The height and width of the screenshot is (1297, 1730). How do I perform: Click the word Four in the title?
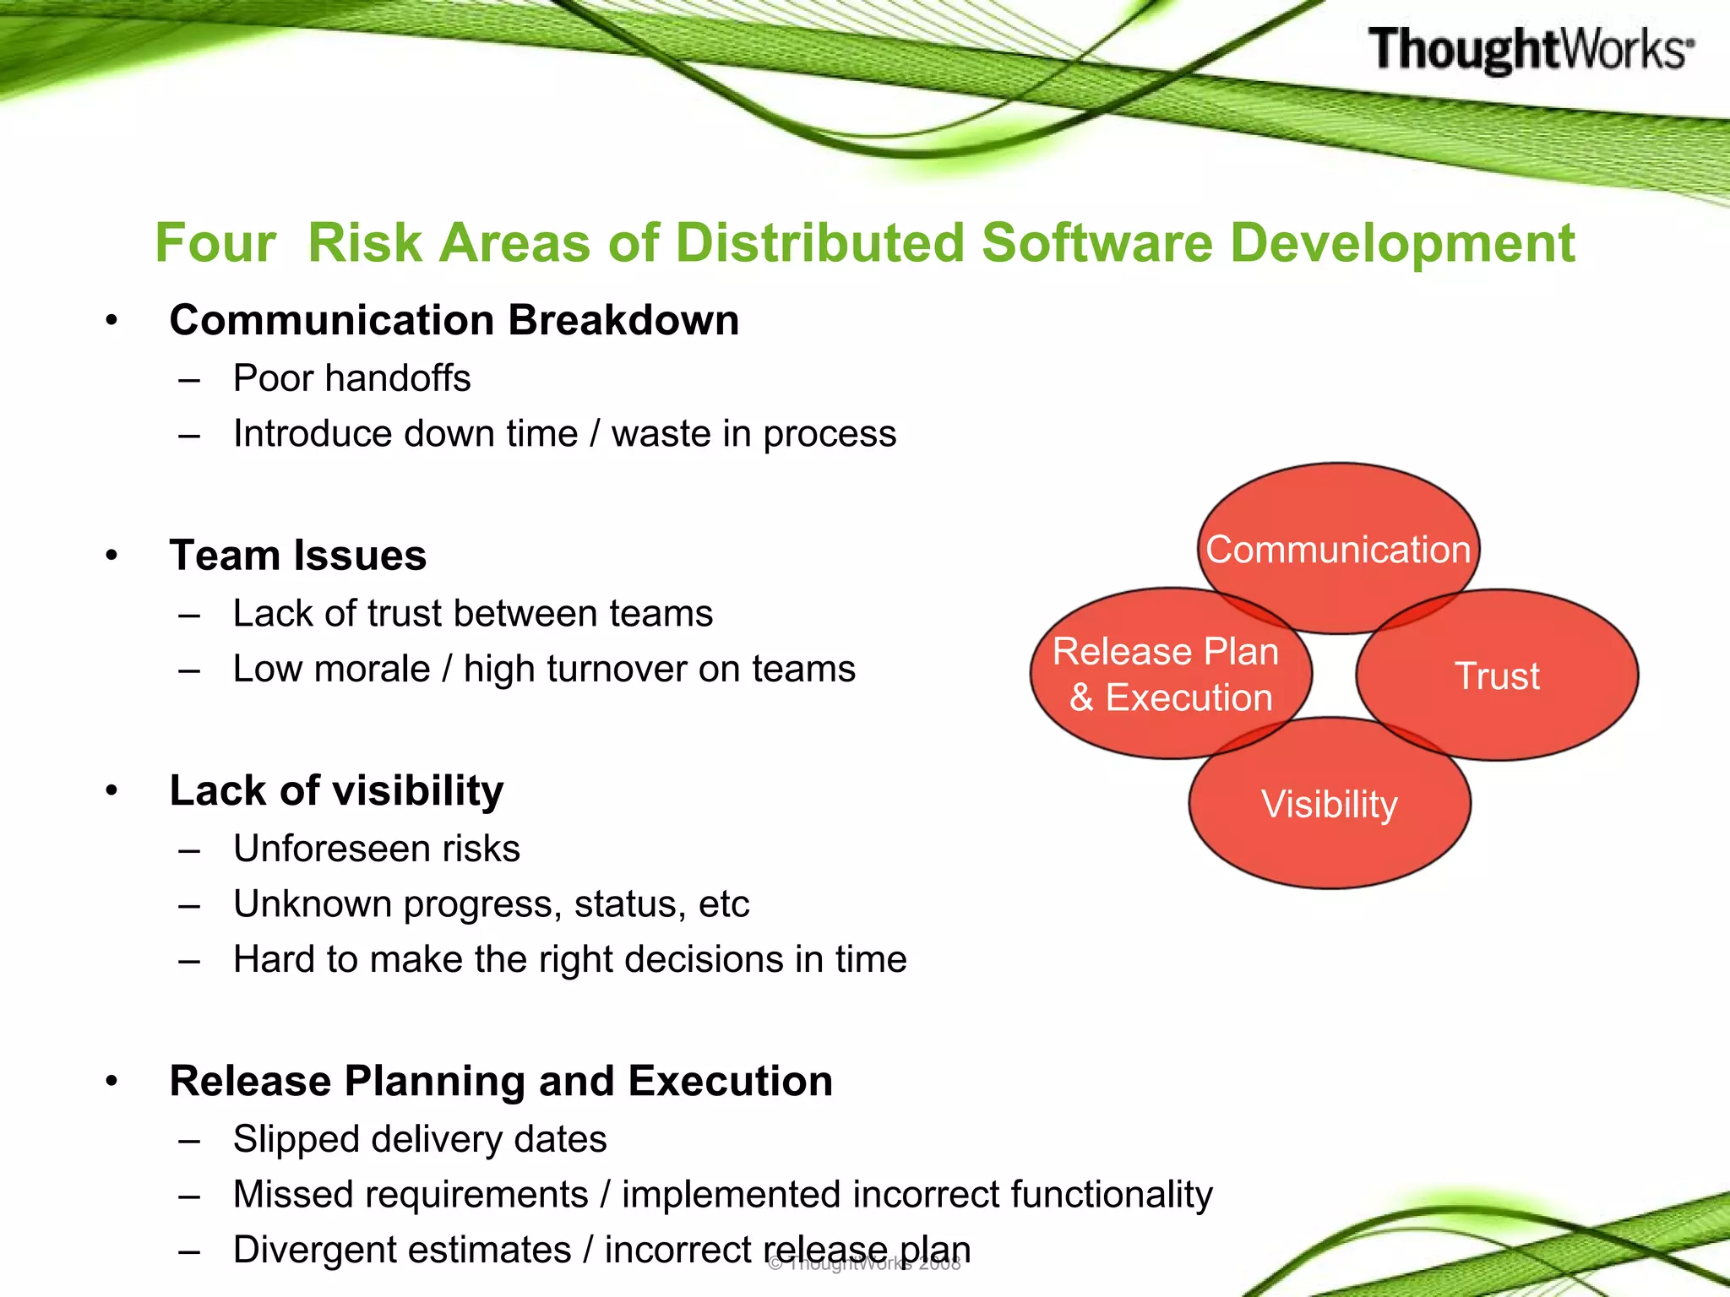click(215, 243)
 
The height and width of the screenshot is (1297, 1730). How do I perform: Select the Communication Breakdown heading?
click(454, 321)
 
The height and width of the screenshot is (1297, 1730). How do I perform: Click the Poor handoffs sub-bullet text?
click(351, 378)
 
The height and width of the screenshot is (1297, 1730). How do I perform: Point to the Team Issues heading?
click(298, 556)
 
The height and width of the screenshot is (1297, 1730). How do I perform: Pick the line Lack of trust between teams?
click(473, 613)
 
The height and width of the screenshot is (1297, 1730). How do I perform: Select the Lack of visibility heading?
click(336, 791)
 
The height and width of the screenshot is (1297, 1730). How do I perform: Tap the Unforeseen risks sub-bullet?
click(377, 849)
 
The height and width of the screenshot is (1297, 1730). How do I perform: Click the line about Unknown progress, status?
click(492, 904)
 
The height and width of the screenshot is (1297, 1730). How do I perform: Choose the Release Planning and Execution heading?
click(501, 1082)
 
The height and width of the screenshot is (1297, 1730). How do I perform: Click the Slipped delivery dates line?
click(420, 1139)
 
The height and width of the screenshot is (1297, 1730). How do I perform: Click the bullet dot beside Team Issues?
click(112, 556)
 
